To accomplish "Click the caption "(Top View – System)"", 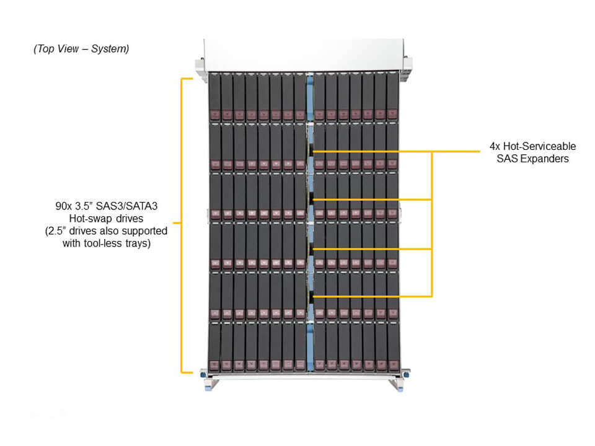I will point(81,49).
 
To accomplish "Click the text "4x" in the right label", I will point(495,147).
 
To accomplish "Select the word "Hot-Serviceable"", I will point(539,147).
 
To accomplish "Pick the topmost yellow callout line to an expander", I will point(372,151).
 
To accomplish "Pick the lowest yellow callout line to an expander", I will point(372,296).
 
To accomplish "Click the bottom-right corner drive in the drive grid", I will point(392,347).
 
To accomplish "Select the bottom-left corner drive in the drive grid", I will point(214,347).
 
